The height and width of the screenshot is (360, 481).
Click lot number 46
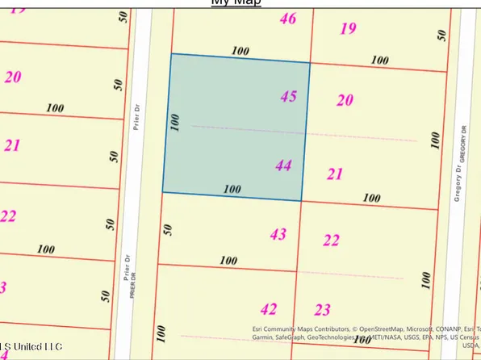pos(287,18)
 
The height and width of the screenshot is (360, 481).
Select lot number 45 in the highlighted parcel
pos(288,96)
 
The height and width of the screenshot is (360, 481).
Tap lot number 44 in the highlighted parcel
pos(283,165)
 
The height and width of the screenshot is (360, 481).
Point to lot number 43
pos(278,234)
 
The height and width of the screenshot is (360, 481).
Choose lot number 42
pos(269,308)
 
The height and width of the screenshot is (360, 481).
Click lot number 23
pos(323,309)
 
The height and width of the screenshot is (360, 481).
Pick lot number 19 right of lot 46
pos(348,29)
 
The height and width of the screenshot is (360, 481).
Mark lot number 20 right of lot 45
pos(345,100)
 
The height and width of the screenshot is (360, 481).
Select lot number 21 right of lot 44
pos(335,173)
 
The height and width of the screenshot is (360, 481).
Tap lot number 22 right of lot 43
pos(331,240)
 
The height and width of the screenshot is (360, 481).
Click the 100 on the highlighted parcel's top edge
pos(240,51)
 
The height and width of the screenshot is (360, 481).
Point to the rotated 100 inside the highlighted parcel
pos(174,122)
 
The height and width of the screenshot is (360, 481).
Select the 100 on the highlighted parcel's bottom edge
pos(232,189)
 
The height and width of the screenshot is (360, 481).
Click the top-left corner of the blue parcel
pos(170,54)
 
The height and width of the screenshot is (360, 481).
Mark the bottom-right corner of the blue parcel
pos(301,201)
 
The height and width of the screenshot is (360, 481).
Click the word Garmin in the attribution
pos(262,340)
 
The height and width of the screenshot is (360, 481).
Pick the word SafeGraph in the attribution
pos(296,340)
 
